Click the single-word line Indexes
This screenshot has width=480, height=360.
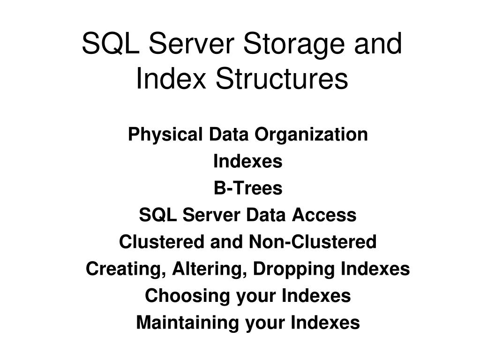coord(248,162)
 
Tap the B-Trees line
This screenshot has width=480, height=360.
coord(248,188)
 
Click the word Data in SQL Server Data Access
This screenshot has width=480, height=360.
coord(268,216)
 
